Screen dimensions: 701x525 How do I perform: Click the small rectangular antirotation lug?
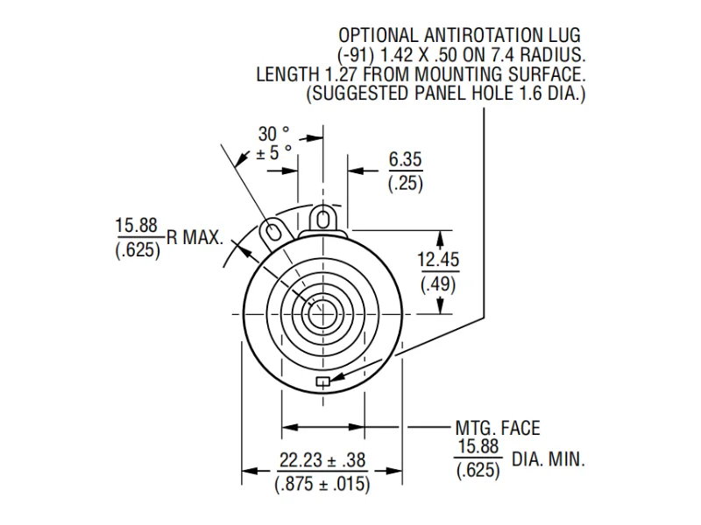click(x=322, y=381)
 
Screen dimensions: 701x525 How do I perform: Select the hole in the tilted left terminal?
click(x=272, y=230)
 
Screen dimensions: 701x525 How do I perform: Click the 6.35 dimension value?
click(x=405, y=159)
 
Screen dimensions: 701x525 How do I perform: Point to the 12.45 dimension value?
click(x=438, y=260)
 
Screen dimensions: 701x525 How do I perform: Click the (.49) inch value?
click(x=438, y=283)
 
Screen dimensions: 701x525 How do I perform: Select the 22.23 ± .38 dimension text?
click(x=322, y=460)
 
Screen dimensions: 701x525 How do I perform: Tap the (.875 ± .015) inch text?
click(x=322, y=484)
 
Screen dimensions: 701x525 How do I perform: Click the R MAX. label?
click(x=195, y=237)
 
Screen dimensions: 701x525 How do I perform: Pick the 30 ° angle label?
click(x=273, y=134)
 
